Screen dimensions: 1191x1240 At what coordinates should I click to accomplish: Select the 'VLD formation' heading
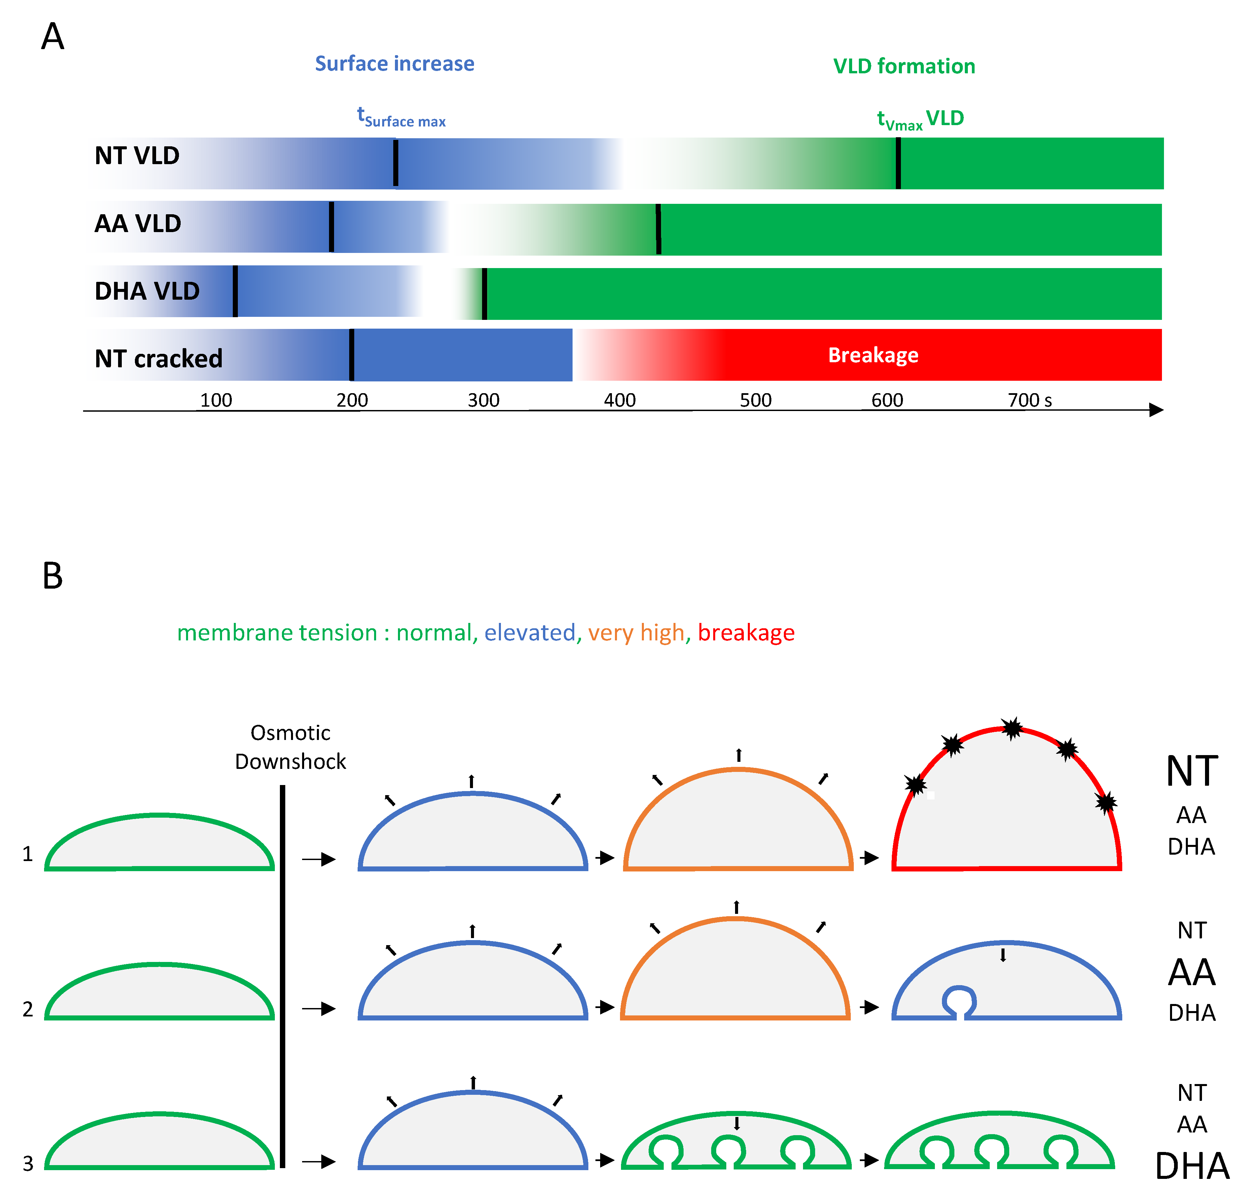pyautogui.click(x=904, y=66)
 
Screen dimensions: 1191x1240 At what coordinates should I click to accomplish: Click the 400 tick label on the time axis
pyautogui.click(x=619, y=400)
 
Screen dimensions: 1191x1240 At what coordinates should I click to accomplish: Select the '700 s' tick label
pyautogui.click(x=1029, y=400)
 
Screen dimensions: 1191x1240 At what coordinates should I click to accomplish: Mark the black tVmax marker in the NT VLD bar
pyautogui.click(x=898, y=163)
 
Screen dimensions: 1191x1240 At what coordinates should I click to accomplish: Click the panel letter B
pyautogui.click(x=52, y=576)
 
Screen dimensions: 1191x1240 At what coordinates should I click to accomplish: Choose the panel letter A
pyautogui.click(x=52, y=37)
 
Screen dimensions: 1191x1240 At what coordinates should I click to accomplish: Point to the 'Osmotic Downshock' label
pyautogui.click(x=290, y=747)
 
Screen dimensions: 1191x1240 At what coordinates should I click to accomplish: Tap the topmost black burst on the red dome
pyautogui.click(x=1012, y=729)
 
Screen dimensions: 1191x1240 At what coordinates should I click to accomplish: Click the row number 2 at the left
pyautogui.click(x=28, y=1009)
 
